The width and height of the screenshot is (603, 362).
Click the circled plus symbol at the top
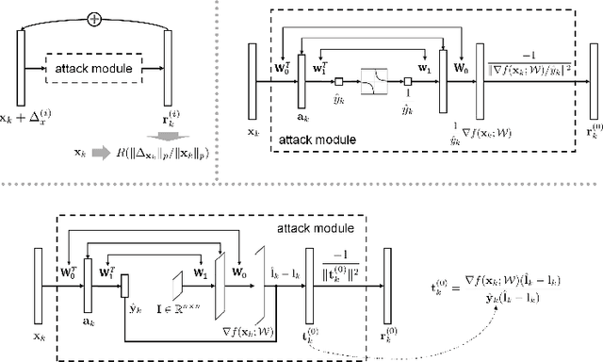tap(93, 18)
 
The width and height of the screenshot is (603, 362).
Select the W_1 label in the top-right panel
tap(422, 69)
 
